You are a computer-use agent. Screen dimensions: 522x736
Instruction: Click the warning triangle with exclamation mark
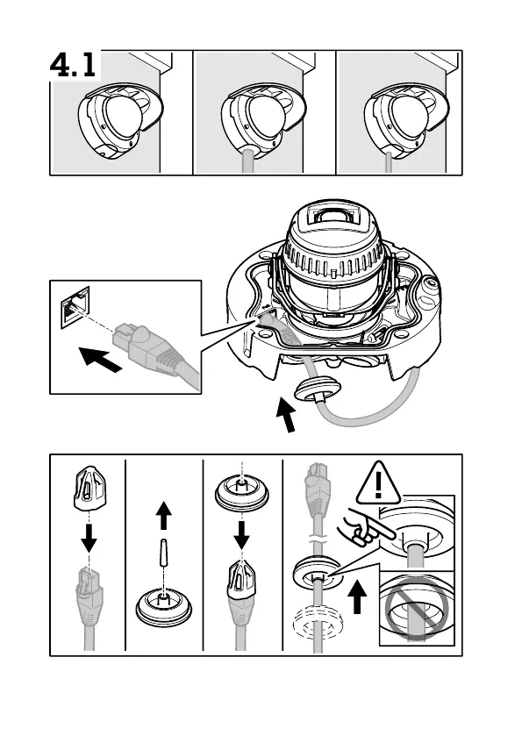click(378, 483)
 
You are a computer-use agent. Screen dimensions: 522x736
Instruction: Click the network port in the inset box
click(75, 307)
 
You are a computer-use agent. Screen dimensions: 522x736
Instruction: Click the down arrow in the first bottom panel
click(89, 537)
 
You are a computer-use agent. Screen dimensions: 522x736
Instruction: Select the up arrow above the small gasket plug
click(163, 515)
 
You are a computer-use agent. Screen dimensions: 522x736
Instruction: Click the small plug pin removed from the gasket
click(163, 554)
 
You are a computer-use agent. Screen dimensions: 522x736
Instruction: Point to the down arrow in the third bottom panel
click(241, 534)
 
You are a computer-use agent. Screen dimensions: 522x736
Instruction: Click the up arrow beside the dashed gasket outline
click(358, 597)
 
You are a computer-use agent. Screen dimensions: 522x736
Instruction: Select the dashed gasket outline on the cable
click(318, 623)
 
